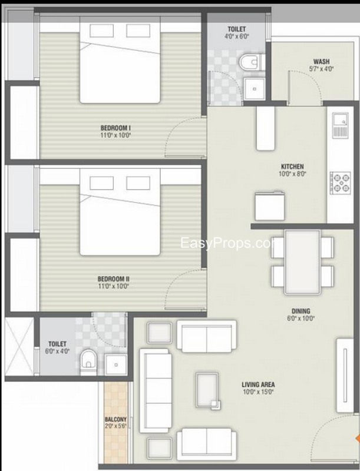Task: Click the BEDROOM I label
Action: pos(115,128)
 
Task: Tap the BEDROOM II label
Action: pos(113,279)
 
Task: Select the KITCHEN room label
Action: pos(292,167)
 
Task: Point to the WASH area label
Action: pos(321,62)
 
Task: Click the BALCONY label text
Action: pos(115,419)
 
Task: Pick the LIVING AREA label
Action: pos(258,384)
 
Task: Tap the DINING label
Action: pos(301,311)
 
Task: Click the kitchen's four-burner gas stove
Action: pos(340,183)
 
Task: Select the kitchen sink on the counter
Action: pos(341,125)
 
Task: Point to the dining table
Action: pos(302,262)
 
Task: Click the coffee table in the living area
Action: pos(207,390)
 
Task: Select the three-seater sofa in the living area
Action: pos(156,390)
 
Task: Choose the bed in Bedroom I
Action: pos(120,60)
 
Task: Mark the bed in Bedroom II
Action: pos(120,212)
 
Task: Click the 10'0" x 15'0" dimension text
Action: pos(258,392)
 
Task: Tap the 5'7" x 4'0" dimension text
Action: pos(321,69)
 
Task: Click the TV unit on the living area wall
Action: pos(345,376)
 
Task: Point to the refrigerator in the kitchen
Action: pos(269,205)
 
